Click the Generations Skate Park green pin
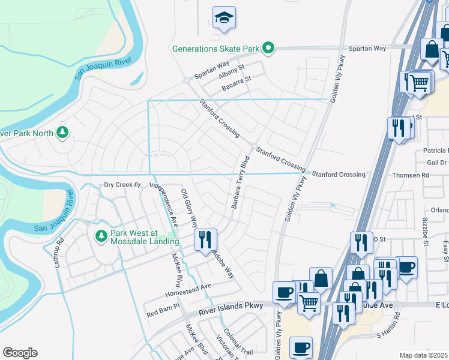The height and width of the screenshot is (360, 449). [269, 48]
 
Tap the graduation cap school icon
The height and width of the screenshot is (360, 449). [224, 18]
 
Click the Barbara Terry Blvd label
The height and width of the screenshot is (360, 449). [240, 183]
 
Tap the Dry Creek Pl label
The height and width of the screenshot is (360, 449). [122, 185]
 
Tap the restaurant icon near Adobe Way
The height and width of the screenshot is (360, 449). [205, 240]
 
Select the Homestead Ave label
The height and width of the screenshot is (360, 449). [188, 287]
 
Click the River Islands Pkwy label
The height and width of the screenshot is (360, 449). [231, 307]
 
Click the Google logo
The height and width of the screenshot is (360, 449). [20, 353]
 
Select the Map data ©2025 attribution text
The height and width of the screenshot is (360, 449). [424, 355]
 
